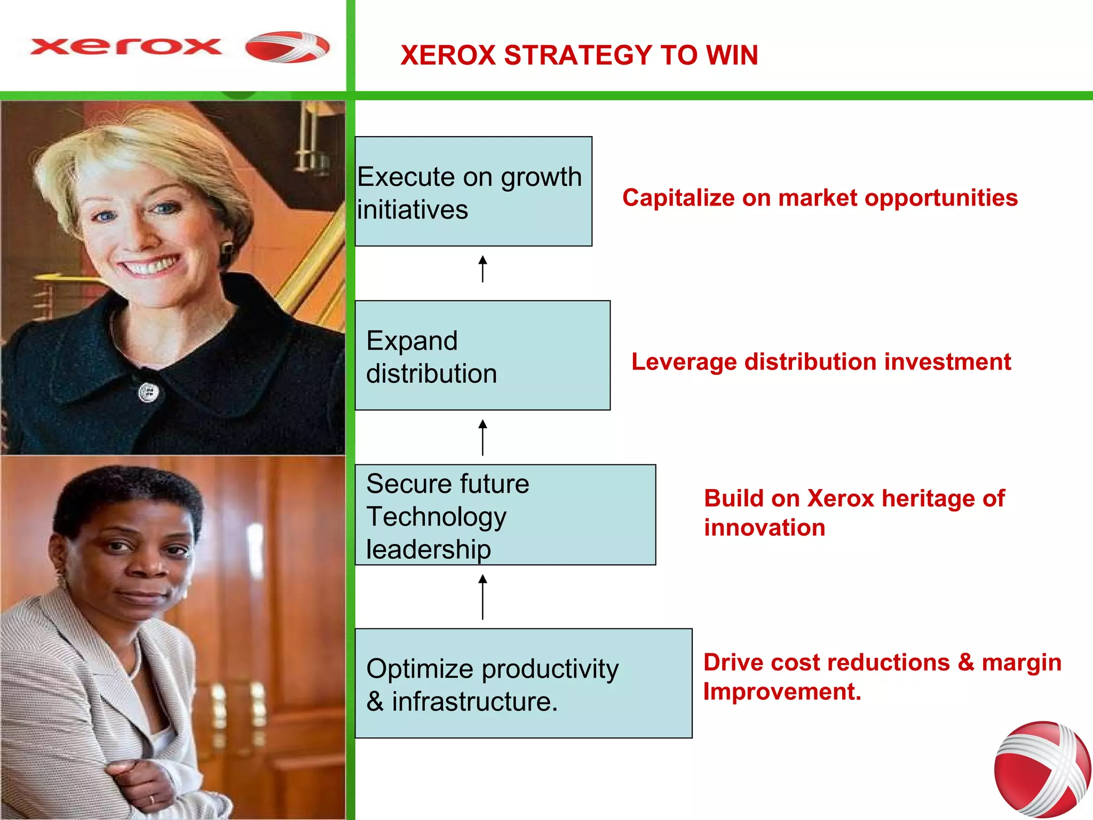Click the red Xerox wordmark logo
pos(126,47)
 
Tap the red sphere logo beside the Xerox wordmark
pos(287,47)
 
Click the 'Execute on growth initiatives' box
pos(473,192)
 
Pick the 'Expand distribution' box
pos(482,356)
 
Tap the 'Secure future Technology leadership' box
pos(505,515)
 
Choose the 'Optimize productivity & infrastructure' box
pos(523,683)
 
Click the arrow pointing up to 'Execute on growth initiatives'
pos(482,269)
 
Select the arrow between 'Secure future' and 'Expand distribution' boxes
pos(482,437)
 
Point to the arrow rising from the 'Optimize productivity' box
pos(482,597)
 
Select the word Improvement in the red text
pos(782,692)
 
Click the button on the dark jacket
pos(148,393)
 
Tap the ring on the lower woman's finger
pos(152,799)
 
